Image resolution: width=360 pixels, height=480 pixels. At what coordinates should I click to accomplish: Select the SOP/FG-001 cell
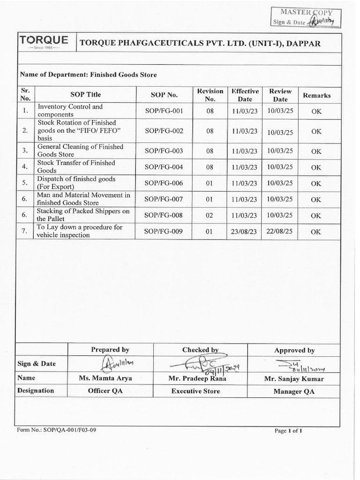click(x=161, y=111)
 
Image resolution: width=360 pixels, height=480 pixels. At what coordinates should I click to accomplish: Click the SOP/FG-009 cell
click(x=161, y=231)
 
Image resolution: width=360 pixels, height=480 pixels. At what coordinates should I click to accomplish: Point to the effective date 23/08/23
click(x=245, y=232)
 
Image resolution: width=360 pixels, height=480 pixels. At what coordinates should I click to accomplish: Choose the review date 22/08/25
click(x=280, y=232)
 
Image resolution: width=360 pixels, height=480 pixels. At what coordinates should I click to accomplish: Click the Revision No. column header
click(x=210, y=95)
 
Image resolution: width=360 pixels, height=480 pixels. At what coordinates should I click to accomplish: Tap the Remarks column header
click(x=316, y=95)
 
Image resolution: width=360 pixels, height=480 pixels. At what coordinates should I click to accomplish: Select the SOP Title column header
click(x=85, y=95)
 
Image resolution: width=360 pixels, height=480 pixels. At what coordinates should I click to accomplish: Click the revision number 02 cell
click(x=210, y=215)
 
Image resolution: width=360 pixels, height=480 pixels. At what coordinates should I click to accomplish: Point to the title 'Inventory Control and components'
click(x=70, y=111)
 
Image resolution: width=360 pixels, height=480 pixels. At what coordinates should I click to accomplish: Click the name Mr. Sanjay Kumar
click(x=294, y=379)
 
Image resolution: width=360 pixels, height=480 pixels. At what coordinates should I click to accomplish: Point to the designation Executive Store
click(x=195, y=391)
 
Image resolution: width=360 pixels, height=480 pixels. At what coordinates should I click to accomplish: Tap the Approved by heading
click(x=294, y=350)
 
